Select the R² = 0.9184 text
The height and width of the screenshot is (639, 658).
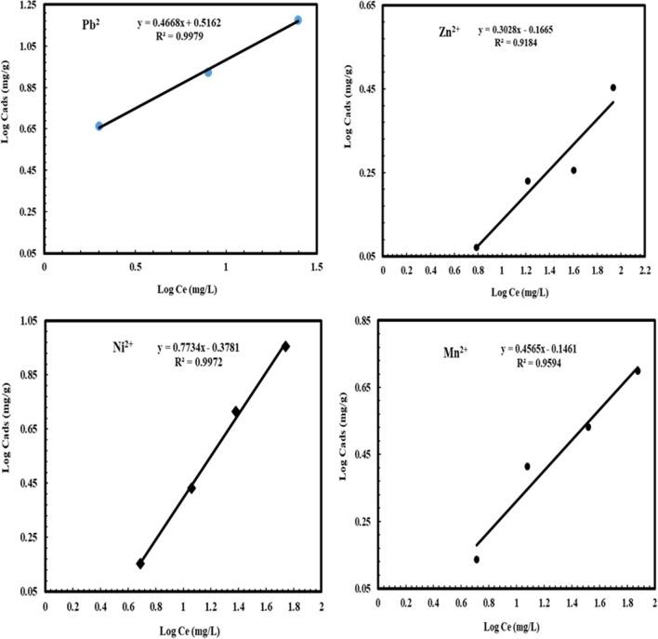click(x=519, y=43)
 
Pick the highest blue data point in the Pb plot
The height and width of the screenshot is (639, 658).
click(x=298, y=20)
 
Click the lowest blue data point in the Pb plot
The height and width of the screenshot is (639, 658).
click(x=99, y=126)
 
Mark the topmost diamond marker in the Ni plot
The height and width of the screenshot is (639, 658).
click(x=285, y=346)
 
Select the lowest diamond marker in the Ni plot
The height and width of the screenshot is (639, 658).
click(x=140, y=563)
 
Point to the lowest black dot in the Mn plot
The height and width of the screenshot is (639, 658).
click(x=477, y=559)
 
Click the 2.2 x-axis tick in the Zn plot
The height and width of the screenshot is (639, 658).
click(x=645, y=271)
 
